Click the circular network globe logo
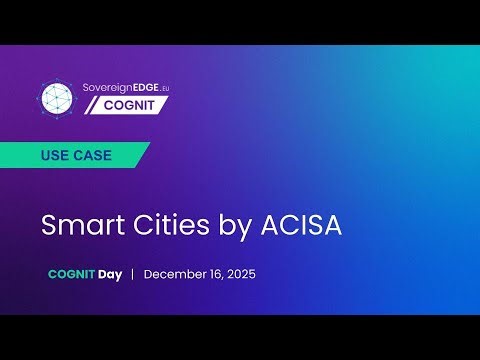point(58,98)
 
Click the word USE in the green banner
point(56,156)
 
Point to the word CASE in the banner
point(93,156)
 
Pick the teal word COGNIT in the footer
point(71,274)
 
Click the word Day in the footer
point(109,274)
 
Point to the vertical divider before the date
point(132,274)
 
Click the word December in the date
point(176,274)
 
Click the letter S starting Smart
point(49,225)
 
